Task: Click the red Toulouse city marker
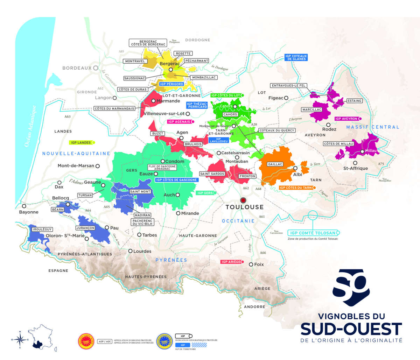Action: click(243, 200)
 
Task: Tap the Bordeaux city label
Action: click(77, 68)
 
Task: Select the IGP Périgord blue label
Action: click(171, 84)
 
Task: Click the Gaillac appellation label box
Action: click(275, 164)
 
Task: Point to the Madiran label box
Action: click(142, 215)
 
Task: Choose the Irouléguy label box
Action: click(42, 229)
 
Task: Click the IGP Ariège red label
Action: click(231, 262)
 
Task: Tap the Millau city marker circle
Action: click(362, 151)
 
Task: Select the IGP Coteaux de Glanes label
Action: click(296, 57)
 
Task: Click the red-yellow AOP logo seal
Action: click(86, 341)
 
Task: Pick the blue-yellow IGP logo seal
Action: click(164, 341)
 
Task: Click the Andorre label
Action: click(254, 307)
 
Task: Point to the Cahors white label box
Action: click(230, 114)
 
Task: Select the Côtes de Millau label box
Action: click(338, 143)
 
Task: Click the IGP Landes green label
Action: click(81, 142)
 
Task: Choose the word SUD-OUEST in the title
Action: click(351, 329)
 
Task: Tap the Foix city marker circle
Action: click(251, 264)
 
